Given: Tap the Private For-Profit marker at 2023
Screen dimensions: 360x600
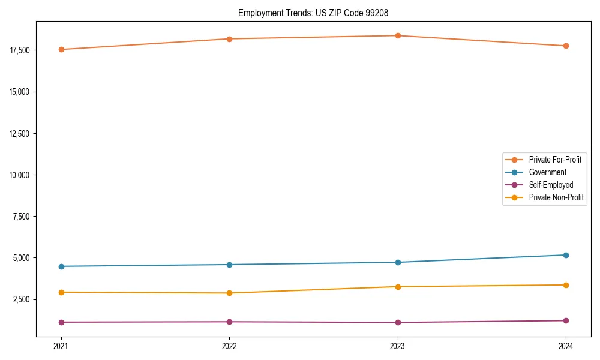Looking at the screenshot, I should tap(398, 35).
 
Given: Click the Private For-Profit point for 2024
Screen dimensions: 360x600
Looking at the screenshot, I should tap(566, 46).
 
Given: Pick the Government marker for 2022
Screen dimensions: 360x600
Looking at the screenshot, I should tap(229, 265).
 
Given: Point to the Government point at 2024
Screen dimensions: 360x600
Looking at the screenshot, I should tap(566, 255).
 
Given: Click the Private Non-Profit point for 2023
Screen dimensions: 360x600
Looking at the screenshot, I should tap(398, 286).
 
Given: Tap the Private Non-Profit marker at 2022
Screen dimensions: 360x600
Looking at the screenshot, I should tap(229, 293).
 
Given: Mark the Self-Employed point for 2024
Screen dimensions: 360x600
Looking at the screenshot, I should tap(566, 320).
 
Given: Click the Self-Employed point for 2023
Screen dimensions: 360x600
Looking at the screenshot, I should tap(398, 322).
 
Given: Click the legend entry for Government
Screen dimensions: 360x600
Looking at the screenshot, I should tap(547, 172).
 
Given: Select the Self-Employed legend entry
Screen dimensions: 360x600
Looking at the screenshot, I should tap(551, 185).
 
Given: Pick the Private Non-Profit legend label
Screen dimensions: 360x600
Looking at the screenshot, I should tap(556, 197).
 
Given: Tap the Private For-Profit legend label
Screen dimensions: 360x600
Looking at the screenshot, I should tap(555, 160).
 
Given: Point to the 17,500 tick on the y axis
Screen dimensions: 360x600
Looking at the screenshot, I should tap(20, 50).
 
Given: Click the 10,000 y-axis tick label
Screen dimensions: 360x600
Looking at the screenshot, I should tap(20, 175).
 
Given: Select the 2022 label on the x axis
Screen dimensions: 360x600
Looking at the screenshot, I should tap(229, 346).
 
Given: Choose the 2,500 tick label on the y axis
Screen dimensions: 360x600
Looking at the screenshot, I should tap(22, 299).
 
